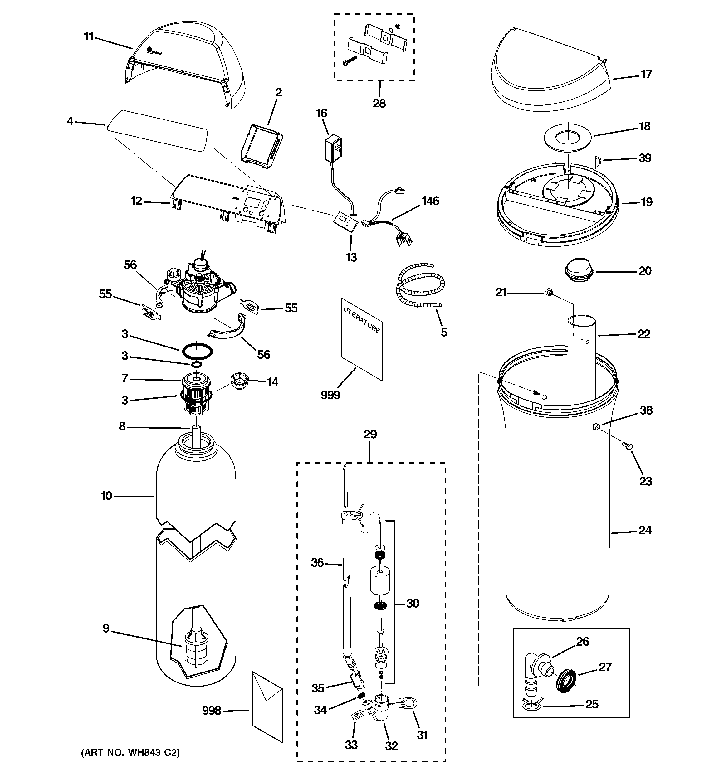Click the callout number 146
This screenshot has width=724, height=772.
point(430,201)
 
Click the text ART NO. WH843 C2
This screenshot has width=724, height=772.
point(130,753)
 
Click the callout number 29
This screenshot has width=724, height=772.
point(370,434)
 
